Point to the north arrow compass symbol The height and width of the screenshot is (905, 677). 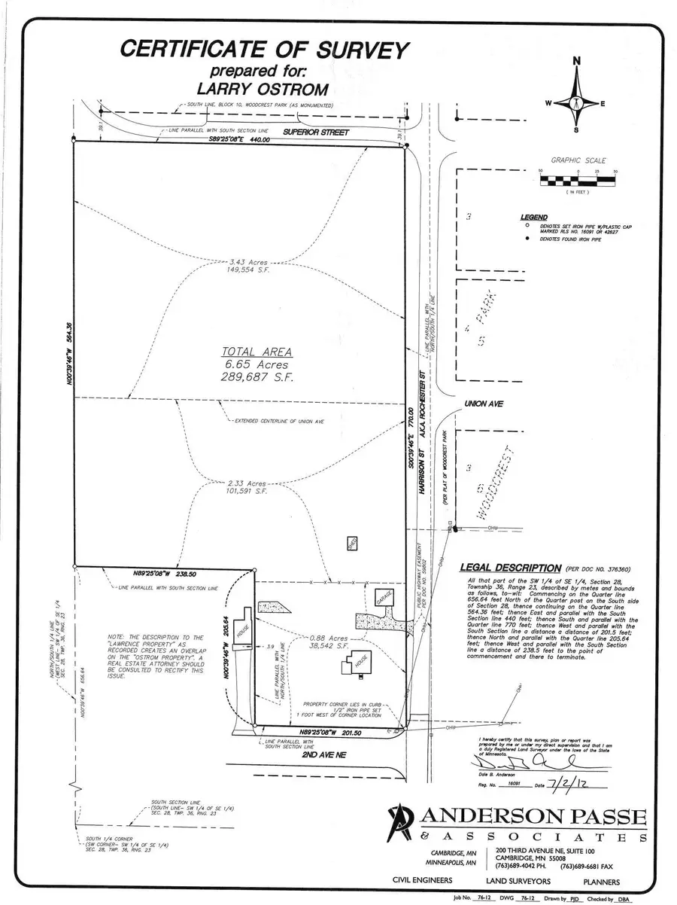tap(577, 98)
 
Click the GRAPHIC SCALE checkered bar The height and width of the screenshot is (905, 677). tap(578, 180)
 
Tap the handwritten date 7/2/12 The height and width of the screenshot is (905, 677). tap(565, 784)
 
